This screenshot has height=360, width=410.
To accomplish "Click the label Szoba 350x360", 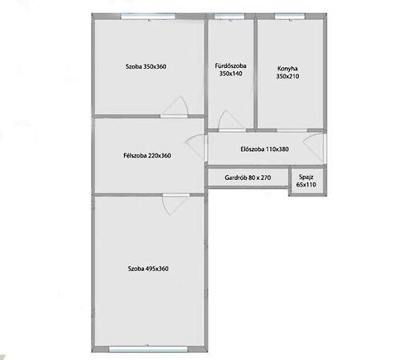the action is click(146, 66).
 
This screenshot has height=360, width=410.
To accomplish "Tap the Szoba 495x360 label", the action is click(148, 269).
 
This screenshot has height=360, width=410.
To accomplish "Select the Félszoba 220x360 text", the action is click(147, 155).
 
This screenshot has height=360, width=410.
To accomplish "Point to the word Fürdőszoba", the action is click(231, 66).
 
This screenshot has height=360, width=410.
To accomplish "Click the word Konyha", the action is click(287, 69).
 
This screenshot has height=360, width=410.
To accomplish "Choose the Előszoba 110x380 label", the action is click(264, 149).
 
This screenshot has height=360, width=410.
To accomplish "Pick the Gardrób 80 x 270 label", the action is click(247, 178).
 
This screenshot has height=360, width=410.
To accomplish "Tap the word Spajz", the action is click(306, 177).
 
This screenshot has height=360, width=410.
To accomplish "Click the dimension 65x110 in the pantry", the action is click(306, 185).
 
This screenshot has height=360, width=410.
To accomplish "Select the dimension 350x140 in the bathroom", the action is click(231, 74).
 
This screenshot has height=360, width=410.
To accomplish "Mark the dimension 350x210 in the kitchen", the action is click(287, 76).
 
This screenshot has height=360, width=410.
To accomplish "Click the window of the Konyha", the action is click(290, 17).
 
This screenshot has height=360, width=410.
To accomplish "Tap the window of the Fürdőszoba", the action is click(229, 17).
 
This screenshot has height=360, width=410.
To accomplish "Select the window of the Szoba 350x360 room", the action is click(148, 17).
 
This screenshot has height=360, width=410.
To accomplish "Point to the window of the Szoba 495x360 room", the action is click(148, 349).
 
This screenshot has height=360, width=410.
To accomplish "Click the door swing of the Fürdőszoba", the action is click(231, 121).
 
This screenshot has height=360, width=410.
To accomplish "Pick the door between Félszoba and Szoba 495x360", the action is click(176, 205).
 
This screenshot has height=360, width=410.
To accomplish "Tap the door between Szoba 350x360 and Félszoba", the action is click(175, 107).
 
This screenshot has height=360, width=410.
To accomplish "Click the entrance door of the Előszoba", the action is click(315, 147).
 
